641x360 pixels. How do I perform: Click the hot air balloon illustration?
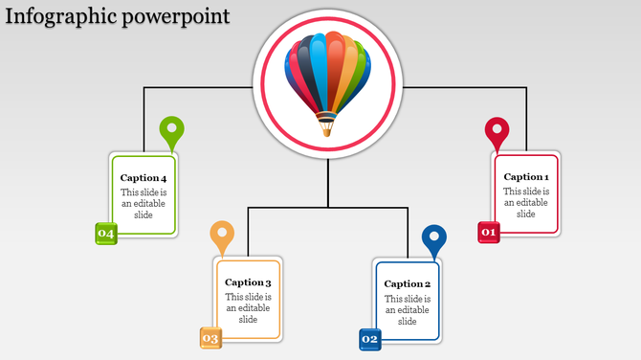point(328,77)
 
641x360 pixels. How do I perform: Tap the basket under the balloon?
point(327,124)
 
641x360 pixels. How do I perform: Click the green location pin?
point(172,131)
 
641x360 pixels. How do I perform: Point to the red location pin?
point(497,131)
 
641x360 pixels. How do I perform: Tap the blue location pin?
point(434,239)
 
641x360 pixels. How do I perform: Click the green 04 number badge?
point(105,234)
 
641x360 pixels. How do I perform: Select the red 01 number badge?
point(489,232)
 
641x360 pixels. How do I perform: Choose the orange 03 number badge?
point(210,338)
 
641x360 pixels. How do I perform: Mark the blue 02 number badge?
point(370,339)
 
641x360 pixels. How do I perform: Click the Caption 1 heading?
point(526,177)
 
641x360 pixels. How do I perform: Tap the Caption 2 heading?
point(408,284)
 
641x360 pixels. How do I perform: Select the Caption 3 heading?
point(248,282)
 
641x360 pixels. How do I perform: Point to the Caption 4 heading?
point(144,178)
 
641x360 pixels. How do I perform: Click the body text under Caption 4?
point(144,204)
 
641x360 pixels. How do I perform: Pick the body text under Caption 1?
point(526,203)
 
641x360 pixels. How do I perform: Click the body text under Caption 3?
point(248,308)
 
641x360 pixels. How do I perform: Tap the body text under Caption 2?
point(408,309)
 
